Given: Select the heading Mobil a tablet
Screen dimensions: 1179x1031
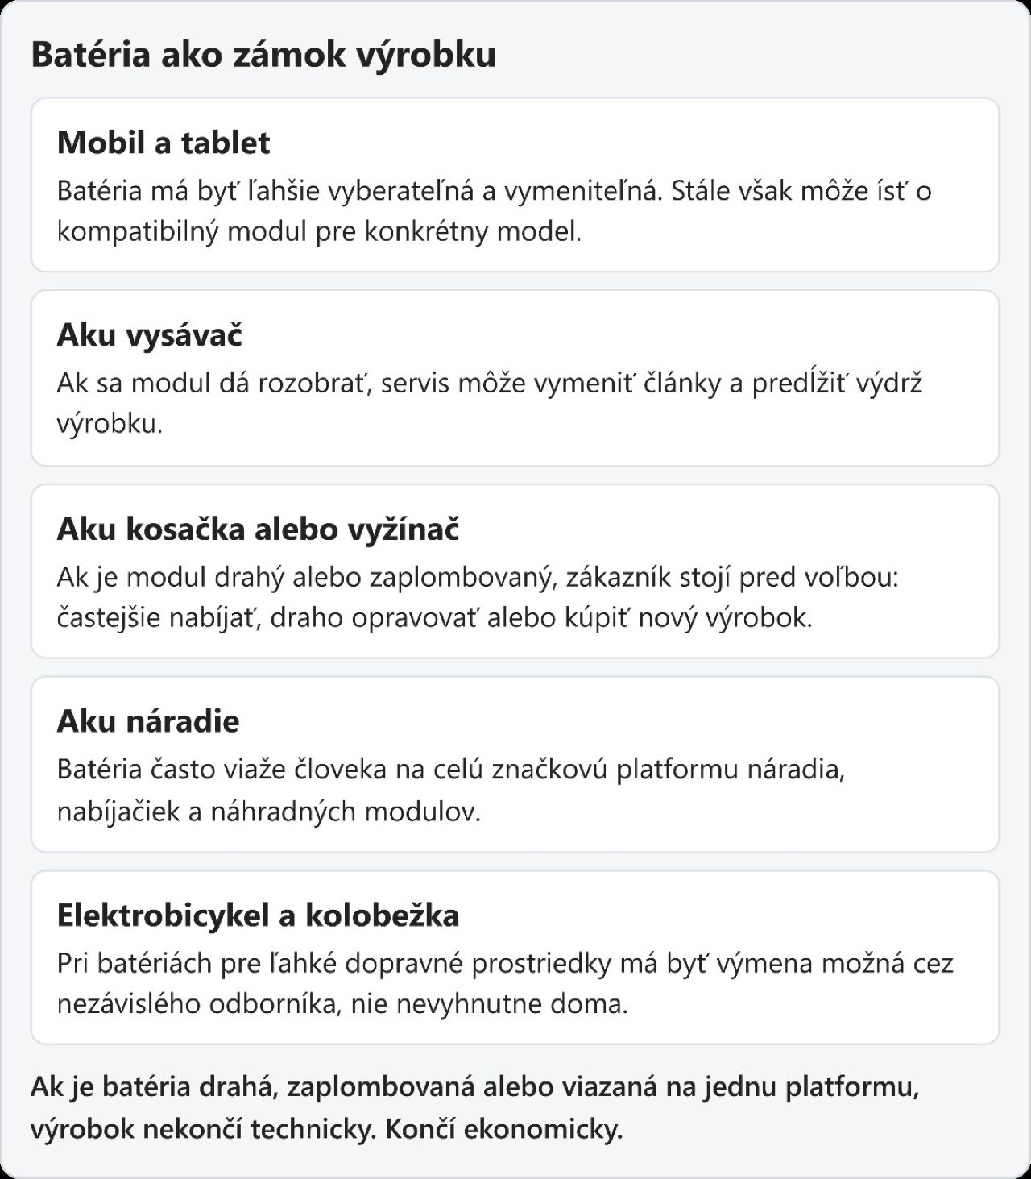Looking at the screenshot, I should pos(164,143).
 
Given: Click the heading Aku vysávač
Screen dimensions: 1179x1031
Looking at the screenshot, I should pos(150,335).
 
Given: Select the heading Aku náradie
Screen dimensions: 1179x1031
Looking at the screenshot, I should pos(148,721).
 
